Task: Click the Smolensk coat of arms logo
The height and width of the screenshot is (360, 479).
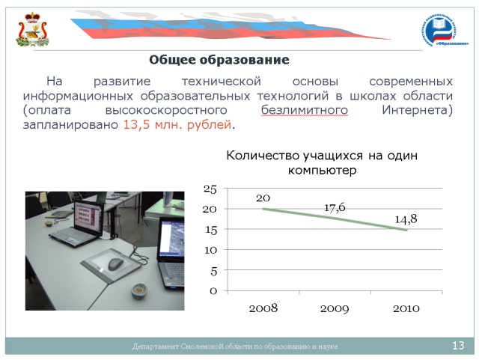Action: coord(32,29)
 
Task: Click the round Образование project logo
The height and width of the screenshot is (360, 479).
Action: coord(445,31)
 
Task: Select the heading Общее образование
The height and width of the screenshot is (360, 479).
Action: coord(219,60)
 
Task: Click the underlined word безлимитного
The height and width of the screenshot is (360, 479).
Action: coord(305,110)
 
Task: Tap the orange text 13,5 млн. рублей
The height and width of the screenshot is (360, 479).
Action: coord(177,125)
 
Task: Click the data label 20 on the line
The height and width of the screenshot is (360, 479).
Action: coord(263,198)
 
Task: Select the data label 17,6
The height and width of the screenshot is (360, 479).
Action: coord(335,208)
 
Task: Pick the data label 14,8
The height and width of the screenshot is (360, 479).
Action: coord(406,219)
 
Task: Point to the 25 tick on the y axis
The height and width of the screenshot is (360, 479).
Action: coord(210,189)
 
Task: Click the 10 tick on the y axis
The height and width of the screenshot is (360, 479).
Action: coord(211,250)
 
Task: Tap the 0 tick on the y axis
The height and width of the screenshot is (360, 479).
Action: coord(213,291)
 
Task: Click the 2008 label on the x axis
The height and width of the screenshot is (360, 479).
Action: coord(263,308)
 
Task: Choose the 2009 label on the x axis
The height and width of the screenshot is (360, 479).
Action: coord(335,308)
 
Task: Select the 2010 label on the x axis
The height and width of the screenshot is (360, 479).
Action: coord(406,308)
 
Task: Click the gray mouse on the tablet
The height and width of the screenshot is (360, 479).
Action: coord(116,263)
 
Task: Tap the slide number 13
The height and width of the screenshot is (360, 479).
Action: coord(458,346)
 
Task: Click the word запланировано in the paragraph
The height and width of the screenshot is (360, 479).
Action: coord(70,125)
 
